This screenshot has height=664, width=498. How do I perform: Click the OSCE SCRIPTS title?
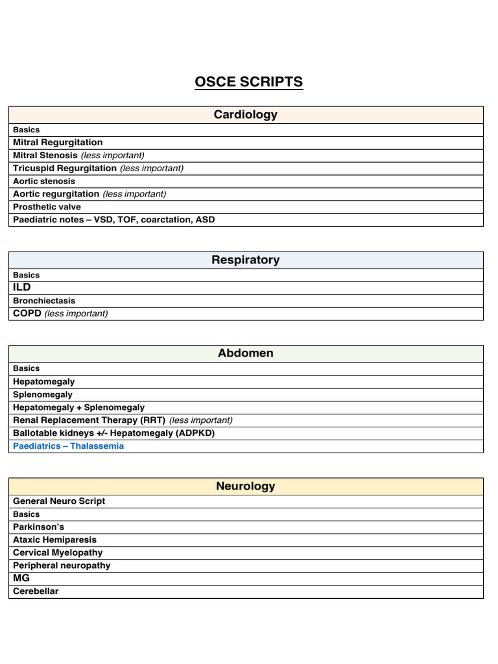[249, 82]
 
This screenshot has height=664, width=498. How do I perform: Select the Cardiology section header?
[246, 115]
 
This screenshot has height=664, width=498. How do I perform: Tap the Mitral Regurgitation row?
[58, 143]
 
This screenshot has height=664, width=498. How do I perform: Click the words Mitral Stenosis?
[45, 156]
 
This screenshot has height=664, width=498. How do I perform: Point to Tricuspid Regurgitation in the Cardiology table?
[65, 168]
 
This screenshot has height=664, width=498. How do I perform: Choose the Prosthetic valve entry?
[47, 207]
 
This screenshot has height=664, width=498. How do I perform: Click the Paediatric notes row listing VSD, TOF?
[113, 220]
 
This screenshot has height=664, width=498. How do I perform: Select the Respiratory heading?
[246, 260]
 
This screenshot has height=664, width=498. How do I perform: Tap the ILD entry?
[22, 287]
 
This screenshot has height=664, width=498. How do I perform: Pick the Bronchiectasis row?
[44, 301]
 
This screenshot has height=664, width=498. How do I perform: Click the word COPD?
[27, 314]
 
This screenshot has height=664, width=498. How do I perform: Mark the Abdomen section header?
[246, 353]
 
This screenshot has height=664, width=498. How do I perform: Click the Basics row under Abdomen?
[26, 368]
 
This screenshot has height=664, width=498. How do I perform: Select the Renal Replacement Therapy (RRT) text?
[89, 420]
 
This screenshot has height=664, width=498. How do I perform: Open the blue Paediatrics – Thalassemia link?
[68, 446]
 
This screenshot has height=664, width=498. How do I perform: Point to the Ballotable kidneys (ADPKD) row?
[113, 433]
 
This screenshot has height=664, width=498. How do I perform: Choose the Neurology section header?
[246, 486]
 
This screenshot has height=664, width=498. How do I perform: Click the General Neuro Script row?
[59, 501]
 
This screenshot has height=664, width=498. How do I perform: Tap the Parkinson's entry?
[38, 527]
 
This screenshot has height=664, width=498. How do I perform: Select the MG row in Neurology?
[21, 578]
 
